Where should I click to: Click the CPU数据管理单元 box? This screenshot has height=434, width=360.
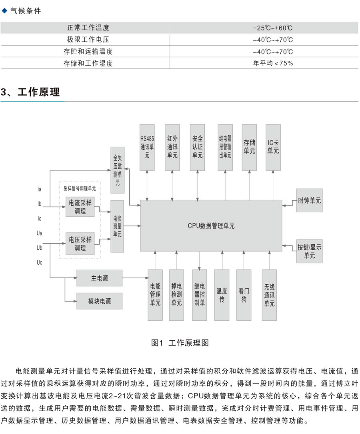click(211, 225)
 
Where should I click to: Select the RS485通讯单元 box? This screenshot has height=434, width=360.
click(147, 147)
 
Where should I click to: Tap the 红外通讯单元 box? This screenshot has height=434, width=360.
click(172, 147)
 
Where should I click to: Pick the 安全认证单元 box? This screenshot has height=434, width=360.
click(198, 147)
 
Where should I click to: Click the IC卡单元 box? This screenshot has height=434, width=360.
click(273, 147)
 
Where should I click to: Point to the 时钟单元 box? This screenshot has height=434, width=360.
click(310, 201)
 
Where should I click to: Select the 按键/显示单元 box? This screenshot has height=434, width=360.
click(310, 251)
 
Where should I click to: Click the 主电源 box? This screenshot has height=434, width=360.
click(99, 278)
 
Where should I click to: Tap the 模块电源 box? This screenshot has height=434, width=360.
click(99, 301)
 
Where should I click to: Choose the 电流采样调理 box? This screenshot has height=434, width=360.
click(80, 207)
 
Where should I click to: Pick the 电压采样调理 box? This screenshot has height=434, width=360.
click(80, 243)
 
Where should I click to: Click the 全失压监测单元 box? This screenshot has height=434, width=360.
click(118, 170)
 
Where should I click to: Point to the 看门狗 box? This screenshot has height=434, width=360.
click(244, 295)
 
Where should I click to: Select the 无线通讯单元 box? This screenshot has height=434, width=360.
click(269, 295)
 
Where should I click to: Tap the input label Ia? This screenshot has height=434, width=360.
click(39, 189)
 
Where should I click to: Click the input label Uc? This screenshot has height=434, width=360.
click(40, 262)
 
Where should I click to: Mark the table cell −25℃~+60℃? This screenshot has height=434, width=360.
click(273, 28)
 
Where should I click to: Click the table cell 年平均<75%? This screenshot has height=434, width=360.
click(273, 63)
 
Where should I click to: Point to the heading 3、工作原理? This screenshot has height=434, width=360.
click(30, 92)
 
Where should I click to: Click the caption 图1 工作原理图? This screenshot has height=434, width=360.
click(180, 343)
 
